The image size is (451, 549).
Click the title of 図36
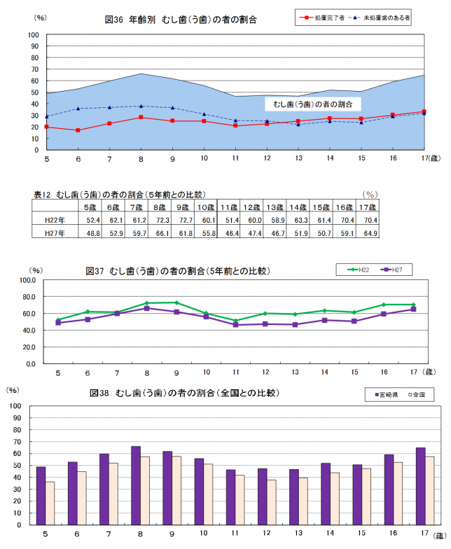(x=180, y=20)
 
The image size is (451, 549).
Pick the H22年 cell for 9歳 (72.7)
(x=186, y=220)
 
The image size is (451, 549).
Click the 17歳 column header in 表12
(x=368, y=207)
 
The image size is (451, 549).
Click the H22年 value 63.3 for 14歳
(x=300, y=220)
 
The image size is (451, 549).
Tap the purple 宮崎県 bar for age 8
(x=136, y=485)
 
